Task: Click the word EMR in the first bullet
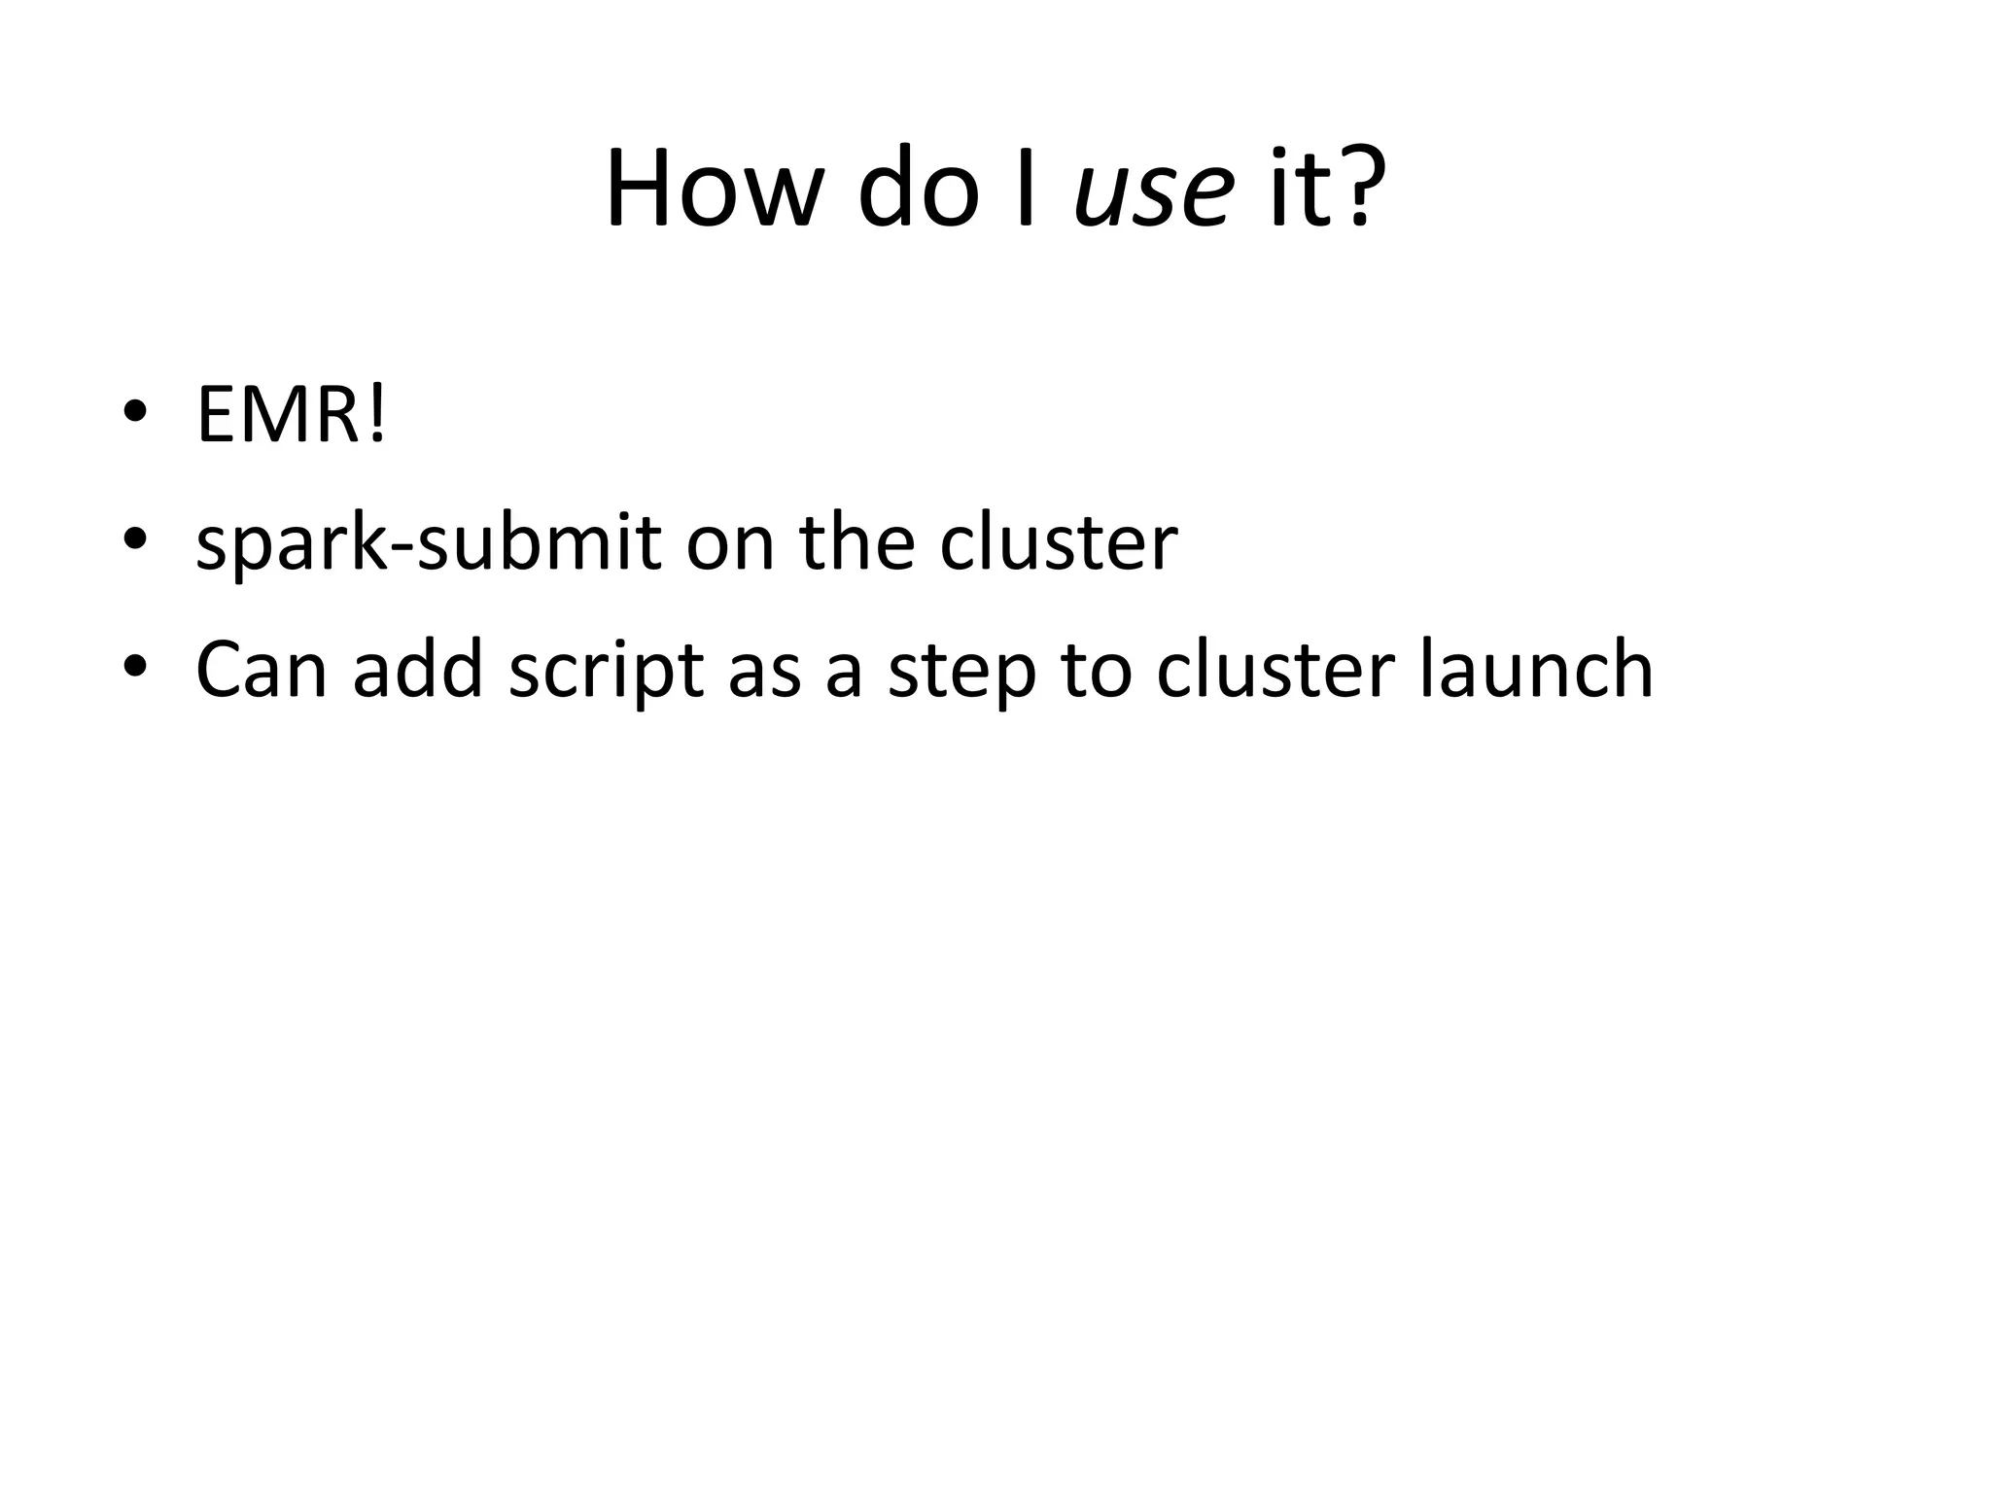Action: point(279,415)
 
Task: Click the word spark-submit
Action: point(429,543)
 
